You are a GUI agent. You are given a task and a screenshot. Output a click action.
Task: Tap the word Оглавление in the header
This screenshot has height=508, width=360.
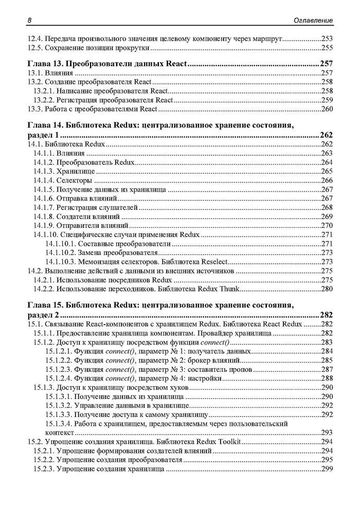tap(312, 20)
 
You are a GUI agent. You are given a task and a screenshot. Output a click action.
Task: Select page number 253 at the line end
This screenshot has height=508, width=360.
tap(327, 38)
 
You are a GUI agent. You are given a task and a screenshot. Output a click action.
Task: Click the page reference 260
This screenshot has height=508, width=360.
tap(327, 109)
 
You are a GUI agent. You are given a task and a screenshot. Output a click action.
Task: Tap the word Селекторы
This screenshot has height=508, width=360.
tap(77, 180)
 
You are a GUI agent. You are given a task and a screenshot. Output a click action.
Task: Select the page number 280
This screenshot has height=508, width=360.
tap(327, 288)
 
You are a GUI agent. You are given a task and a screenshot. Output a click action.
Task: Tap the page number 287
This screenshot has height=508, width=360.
tap(327, 369)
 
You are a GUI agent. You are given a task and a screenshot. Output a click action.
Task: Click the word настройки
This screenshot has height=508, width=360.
tap(206, 378)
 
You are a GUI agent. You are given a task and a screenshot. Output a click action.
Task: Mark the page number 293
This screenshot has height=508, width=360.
tap(327, 432)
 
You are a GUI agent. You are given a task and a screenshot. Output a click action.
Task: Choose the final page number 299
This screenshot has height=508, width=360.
tap(327, 469)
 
